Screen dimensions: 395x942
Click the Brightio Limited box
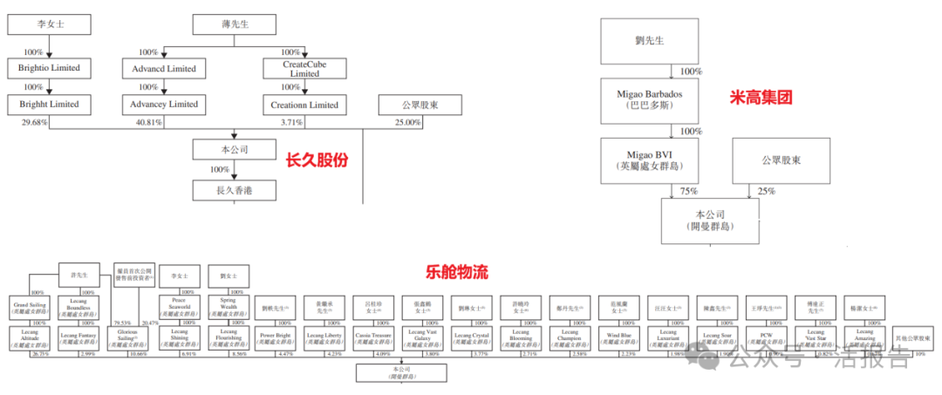point(49,67)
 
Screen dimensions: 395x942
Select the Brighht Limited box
point(49,104)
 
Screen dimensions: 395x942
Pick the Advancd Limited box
point(165,68)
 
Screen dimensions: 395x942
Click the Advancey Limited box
point(165,104)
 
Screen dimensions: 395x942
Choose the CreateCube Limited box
point(300,68)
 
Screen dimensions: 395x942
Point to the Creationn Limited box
point(300,105)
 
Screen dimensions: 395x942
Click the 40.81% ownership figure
point(148,122)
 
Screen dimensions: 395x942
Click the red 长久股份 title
point(317,160)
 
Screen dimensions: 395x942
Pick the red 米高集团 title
point(761,98)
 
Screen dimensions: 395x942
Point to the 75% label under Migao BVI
point(689,191)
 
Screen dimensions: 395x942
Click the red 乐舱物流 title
point(457,272)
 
